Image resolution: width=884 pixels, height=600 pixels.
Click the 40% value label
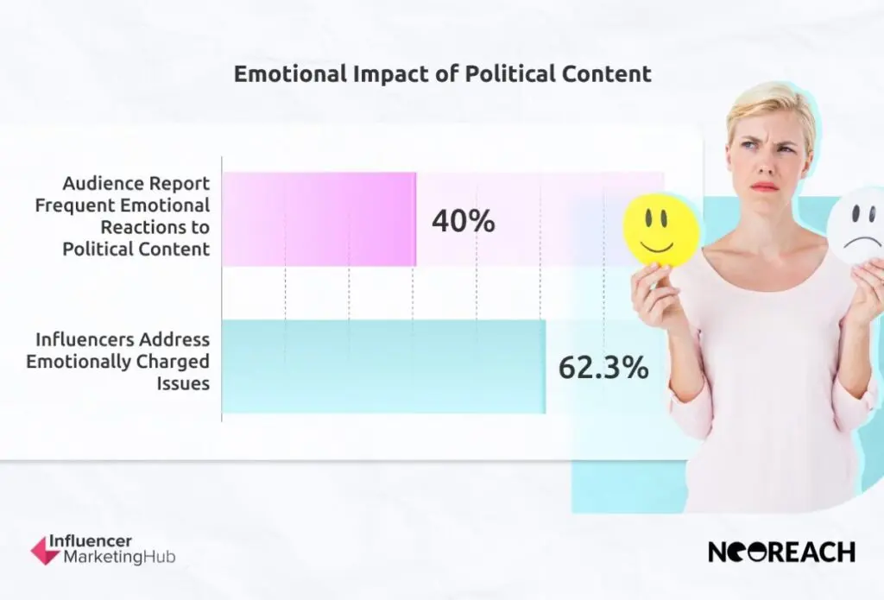pyautogui.click(x=463, y=221)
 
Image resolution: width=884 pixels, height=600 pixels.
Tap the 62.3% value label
pyautogui.click(x=603, y=368)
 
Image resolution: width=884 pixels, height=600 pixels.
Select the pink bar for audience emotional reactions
pyautogui.click(x=319, y=219)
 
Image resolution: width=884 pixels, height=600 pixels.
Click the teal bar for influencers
pyautogui.click(x=383, y=367)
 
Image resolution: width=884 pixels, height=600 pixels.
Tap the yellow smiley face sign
pyautogui.click(x=660, y=230)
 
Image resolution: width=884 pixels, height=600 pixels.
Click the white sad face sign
pyautogui.click(x=857, y=226)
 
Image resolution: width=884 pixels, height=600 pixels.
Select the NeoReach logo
pyautogui.click(x=781, y=552)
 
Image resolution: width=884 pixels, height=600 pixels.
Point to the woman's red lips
pyautogui.click(x=765, y=186)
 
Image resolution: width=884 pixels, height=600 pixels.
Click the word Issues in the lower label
pyautogui.click(x=183, y=383)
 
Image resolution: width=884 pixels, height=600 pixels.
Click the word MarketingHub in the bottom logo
pyautogui.click(x=119, y=558)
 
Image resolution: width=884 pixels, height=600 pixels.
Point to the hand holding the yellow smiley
pyautogui.click(x=650, y=294)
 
